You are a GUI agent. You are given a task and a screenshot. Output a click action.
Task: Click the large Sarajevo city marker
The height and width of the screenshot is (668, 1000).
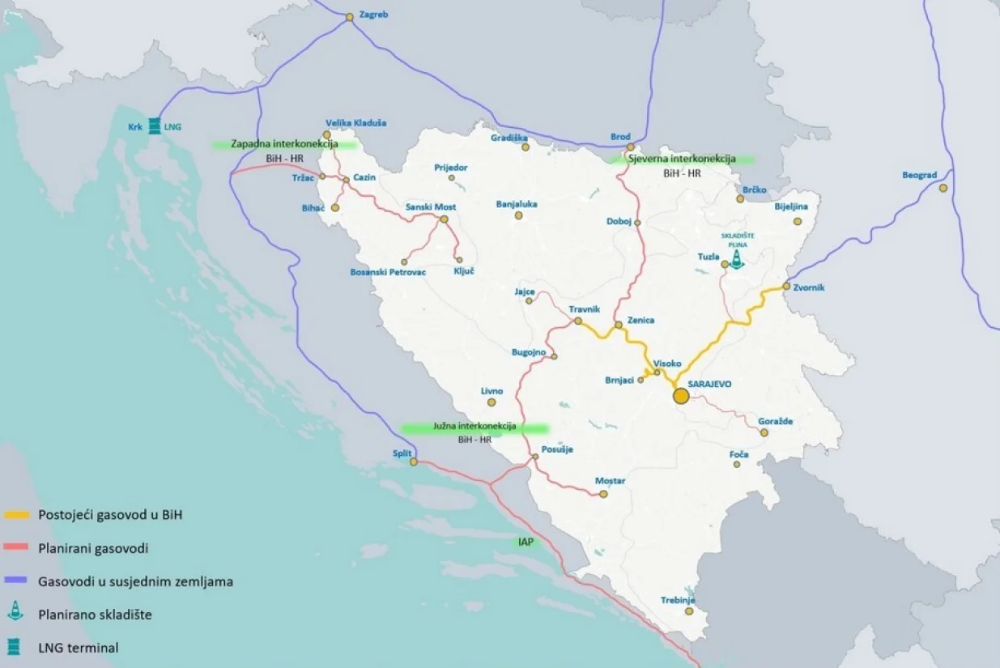[x=681, y=396]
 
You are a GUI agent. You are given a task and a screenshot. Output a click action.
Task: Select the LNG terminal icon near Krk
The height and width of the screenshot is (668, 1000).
[x=154, y=126]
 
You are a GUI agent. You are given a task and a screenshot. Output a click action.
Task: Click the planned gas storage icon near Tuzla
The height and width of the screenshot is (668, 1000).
[x=736, y=258]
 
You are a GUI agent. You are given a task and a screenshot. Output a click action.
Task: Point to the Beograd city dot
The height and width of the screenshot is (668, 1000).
[x=943, y=188]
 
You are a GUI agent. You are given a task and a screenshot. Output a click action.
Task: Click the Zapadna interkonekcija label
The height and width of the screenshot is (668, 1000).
[x=284, y=144]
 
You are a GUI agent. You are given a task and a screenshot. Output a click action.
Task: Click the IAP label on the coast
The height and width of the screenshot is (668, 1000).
[x=526, y=542]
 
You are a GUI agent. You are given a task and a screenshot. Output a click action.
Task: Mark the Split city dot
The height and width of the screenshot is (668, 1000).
[x=414, y=462]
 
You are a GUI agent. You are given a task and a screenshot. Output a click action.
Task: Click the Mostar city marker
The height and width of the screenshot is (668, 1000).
[x=603, y=493]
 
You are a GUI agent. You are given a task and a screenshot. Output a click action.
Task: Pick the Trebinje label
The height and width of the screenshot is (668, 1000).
[x=679, y=600]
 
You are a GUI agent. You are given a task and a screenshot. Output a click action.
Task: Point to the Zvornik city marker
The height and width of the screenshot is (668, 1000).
[x=786, y=286]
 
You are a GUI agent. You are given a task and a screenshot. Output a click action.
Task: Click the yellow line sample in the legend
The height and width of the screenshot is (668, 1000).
[x=17, y=515]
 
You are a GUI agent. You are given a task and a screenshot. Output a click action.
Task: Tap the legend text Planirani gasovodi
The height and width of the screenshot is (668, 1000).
[x=93, y=549]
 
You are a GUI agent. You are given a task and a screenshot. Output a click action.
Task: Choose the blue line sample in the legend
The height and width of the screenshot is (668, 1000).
[x=17, y=581]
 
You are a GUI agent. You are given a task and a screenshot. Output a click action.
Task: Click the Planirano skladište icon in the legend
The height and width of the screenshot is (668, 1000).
[x=15, y=613]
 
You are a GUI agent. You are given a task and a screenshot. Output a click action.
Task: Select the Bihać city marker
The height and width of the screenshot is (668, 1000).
[x=335, y=207]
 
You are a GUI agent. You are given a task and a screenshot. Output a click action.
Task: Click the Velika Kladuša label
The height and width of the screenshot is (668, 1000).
[x=355, y=123]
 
